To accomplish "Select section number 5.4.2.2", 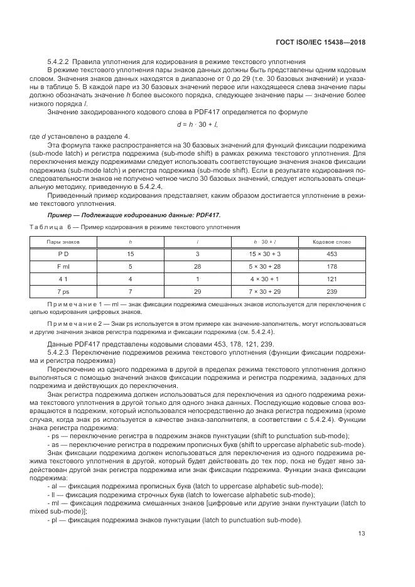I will coord(58,62).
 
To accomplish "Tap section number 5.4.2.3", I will coord(58,352).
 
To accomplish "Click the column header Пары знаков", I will coord(60,241).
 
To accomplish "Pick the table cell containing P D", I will coord(60,254).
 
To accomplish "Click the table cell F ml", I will coord(60,266).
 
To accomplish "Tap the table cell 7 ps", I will coord(60,291).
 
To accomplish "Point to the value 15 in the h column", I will coord(131,254).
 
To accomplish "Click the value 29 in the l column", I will coord(197,291).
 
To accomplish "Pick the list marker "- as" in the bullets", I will coord(52,444).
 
